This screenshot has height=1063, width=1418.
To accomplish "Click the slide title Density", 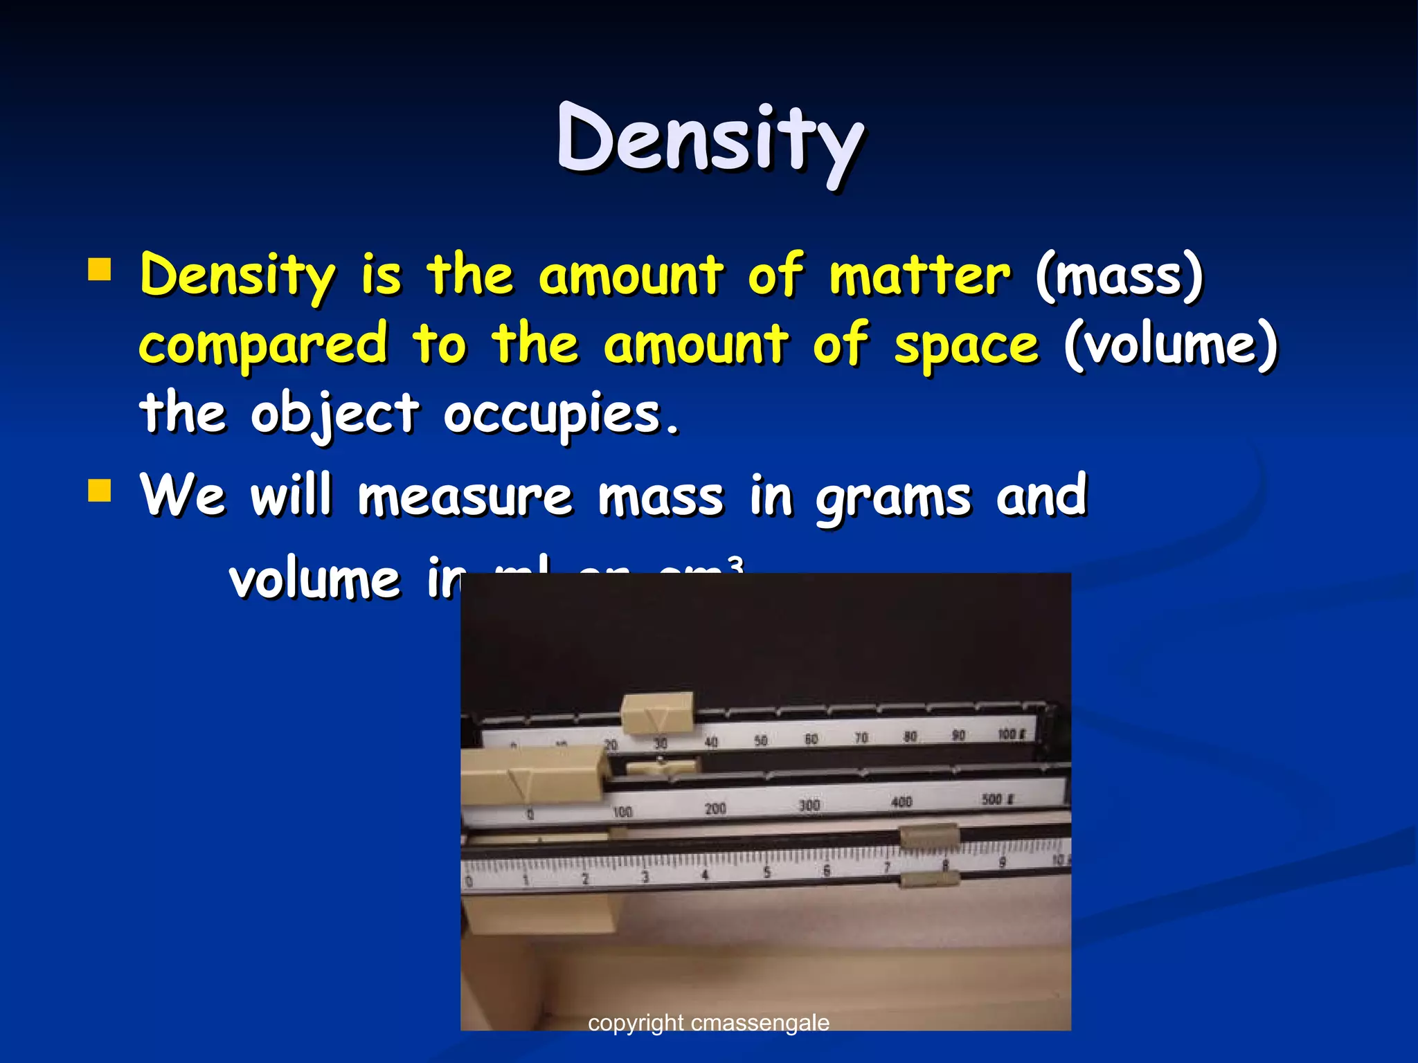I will click(710, 140).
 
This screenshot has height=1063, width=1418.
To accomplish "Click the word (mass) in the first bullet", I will click(1120, 275).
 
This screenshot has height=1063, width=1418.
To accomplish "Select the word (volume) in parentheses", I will click(1170, 344).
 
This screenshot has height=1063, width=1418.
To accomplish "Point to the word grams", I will click(893, 498).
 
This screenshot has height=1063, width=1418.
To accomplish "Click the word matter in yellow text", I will click(920, 275).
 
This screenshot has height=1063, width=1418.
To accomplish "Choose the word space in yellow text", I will click(967, 344).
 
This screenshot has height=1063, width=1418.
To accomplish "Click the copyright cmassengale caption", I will click(708, 1022).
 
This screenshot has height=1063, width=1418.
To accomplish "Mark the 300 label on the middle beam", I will click(809, 805).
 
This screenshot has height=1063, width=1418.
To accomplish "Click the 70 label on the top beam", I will click(861, 738).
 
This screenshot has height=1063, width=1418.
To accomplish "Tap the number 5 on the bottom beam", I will click(766, 872).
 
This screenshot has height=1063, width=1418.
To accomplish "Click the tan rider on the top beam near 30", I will click(656, 714).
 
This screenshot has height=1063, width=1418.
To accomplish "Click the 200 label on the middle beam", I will click(715, 808).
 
